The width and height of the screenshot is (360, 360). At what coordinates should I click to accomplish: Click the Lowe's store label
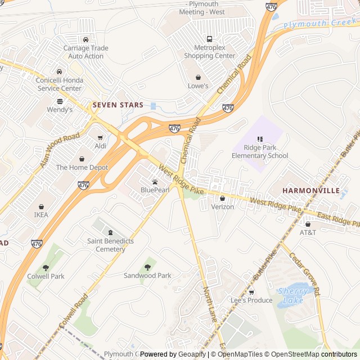[x=198, y=86]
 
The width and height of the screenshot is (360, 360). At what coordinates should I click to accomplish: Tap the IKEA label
[x=41, y=215]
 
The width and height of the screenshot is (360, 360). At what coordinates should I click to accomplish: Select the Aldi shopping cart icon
[x=101, y=137]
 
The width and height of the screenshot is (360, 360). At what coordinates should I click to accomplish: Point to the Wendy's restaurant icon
[x=60, y=101]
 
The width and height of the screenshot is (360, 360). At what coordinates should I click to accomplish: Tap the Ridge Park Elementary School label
[x=260, y=152]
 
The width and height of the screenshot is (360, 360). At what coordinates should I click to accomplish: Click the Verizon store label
[x=222, y=207]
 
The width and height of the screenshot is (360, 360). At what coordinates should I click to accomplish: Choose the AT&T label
[x=308, y=232]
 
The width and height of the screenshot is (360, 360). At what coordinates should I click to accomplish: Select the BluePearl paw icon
[x=155, y=182]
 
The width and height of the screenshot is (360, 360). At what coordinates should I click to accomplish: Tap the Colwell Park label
[x=46, y=276]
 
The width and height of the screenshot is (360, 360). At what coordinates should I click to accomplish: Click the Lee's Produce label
[x=251, y=300]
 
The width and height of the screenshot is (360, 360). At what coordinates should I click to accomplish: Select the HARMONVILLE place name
[x=311, y=191]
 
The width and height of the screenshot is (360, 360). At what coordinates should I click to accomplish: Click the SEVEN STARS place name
[x=118, y=105]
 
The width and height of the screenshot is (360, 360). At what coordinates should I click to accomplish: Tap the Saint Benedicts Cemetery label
[x=110, y=245]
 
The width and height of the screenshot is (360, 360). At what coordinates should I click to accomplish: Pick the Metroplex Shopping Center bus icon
[x=209, y=39]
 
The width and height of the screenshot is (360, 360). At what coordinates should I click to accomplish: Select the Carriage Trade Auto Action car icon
[x=85, y=39]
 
